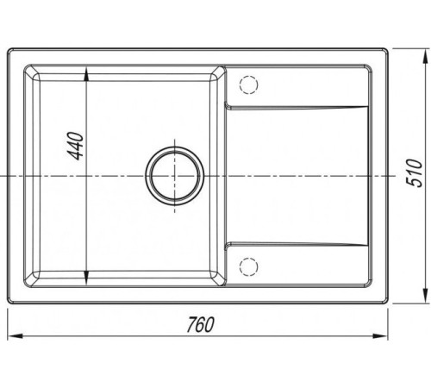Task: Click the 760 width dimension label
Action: pyautogui.click(x=200, y=324)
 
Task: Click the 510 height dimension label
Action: pyautogui.click(x=415, y=172)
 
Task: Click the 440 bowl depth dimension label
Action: pyautogui.click(x=77, y=146)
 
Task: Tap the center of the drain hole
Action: pyautogui.click(x=175, y=176)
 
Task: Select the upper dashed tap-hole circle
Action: pyautogui.click(x=248, y=84)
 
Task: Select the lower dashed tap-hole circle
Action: pyautogui.click(x=248, y=266)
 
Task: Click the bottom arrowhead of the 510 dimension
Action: pyautogui.click(x=425, y=295)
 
